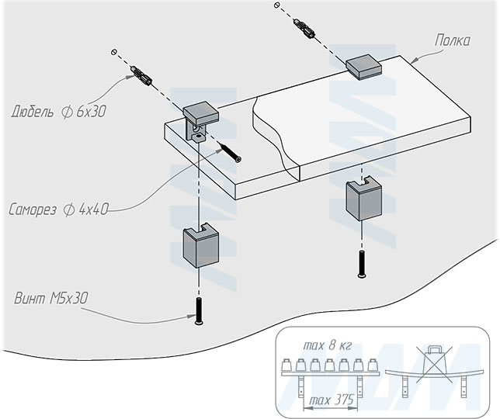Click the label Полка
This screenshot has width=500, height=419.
pos(453,40)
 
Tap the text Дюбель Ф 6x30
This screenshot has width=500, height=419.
pos(58,112)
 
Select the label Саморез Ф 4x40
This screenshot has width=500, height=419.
pos(59,209)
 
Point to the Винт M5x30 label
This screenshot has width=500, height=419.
pos(50,298)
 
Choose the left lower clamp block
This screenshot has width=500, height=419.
pos(199,248)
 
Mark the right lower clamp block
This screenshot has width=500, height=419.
pos(361,199)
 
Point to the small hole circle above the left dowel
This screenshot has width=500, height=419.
pos(114,53)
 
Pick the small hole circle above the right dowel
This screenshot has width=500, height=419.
pos(276,5)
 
